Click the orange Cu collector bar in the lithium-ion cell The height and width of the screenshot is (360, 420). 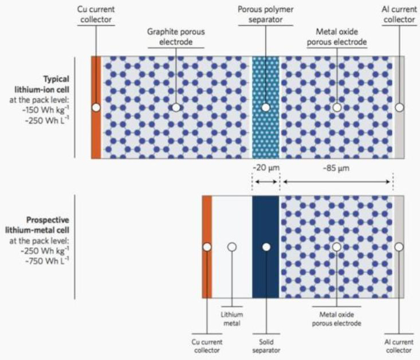point(95,132)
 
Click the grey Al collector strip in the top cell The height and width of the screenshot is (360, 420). point(399,132)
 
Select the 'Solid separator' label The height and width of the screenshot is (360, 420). point(266,346)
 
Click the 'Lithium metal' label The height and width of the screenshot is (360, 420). point(232,319)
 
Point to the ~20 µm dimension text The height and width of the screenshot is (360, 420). point(266,168)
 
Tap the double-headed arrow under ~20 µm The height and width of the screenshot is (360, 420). point(266,181)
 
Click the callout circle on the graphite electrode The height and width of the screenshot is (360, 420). point(176,107)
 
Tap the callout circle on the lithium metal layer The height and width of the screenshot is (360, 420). point(232,247)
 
